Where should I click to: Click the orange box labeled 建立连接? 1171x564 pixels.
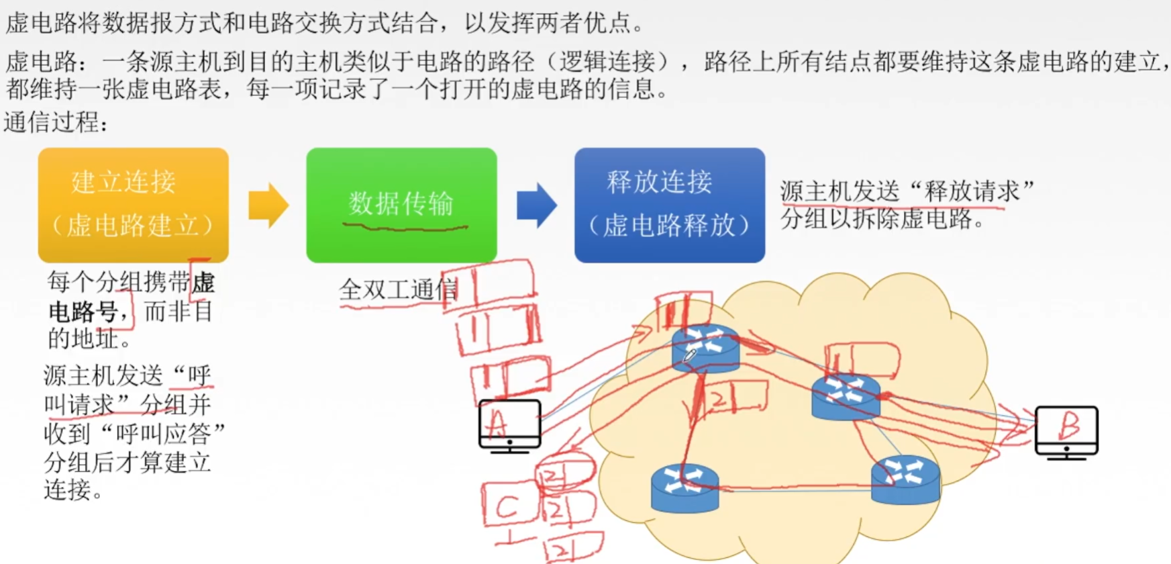pyautogui.click(x=133, y=204)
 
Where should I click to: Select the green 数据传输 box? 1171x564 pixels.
pyautogui.click(x=401, y=204)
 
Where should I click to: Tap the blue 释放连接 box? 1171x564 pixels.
pyautogui.click(x=669, y=204)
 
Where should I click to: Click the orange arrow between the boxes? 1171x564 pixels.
pyautogui.click(x=268, y=205)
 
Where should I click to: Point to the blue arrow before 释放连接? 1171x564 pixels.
pyautogui.click(x=536, y=205)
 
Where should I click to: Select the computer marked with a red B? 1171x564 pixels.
pyautogui.click(x=1066, y=432)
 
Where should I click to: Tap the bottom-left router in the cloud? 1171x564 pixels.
pyautogui.click(x=684, y=488)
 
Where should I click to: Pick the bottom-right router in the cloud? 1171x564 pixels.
pyautogui.click(x=905, y=479)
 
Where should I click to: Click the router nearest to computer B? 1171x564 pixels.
pyautogui.click(x=846, y=396)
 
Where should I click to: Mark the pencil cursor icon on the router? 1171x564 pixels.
pyautogui.click(x=690, y=355)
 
